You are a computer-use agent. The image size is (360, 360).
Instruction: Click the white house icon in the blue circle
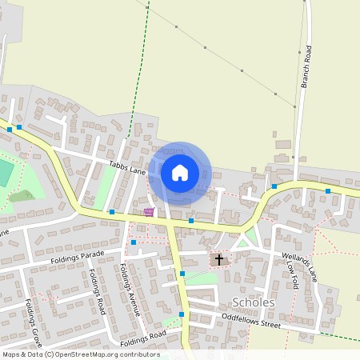(180, 172)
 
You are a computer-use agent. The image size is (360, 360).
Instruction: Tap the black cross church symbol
(218, 260)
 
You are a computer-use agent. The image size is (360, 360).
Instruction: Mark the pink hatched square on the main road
(149, 212)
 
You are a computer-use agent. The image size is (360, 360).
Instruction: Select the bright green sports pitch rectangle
(5, 173)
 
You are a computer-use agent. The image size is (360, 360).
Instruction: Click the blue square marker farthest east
(328, 191)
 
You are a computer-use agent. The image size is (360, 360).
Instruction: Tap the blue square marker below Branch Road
(274, 186)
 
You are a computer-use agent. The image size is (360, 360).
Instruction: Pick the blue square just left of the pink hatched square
(113, 212)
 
